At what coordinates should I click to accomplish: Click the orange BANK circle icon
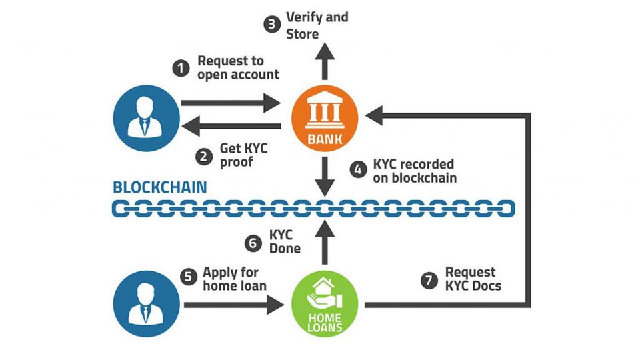[x=325, y=119]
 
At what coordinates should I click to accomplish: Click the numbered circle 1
[x=180, y=68]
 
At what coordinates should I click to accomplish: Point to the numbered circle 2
[x=203, y=156]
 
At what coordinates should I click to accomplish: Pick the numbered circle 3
[x=271, y=25]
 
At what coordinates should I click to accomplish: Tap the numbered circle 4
[x=358, y=170]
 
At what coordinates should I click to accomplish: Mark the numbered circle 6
[x=253, y=243]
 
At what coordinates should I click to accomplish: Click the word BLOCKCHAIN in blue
[x=159, y=186]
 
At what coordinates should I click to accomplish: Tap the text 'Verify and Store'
[x=317, y=25]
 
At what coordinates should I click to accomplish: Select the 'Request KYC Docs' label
[x=473, y=279]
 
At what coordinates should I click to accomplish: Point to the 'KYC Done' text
[x=285, y=242]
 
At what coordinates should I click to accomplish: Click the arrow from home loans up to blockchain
[x=325, y=243]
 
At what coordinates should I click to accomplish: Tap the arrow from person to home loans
[x=233, y=306]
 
